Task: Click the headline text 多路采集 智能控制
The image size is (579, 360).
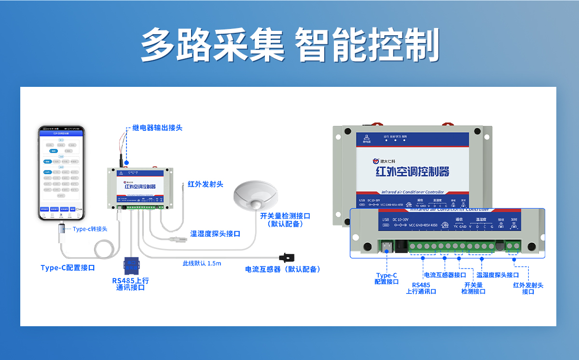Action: tap(289, 44)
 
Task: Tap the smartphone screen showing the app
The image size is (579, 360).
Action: tap(61, 171)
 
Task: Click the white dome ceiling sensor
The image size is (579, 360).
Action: tap(256, 195)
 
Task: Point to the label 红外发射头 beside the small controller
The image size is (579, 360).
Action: tap(205, 184)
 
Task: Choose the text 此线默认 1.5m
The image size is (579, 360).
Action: tap(202, 263)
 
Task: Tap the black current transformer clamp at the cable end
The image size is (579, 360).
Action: tap(288, 258)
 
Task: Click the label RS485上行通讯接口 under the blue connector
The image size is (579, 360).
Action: tap(130, 284)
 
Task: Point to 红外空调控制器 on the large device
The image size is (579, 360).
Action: tap(412, 171)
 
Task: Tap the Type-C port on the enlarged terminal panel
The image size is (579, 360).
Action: tap(386, 247)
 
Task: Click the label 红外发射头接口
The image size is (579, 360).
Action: tap(528, 288)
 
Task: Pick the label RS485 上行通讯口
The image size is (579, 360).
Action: tap(421, 288)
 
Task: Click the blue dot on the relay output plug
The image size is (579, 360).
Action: tap(127, 163)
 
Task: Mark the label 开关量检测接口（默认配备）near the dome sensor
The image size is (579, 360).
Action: tap(285, 220)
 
